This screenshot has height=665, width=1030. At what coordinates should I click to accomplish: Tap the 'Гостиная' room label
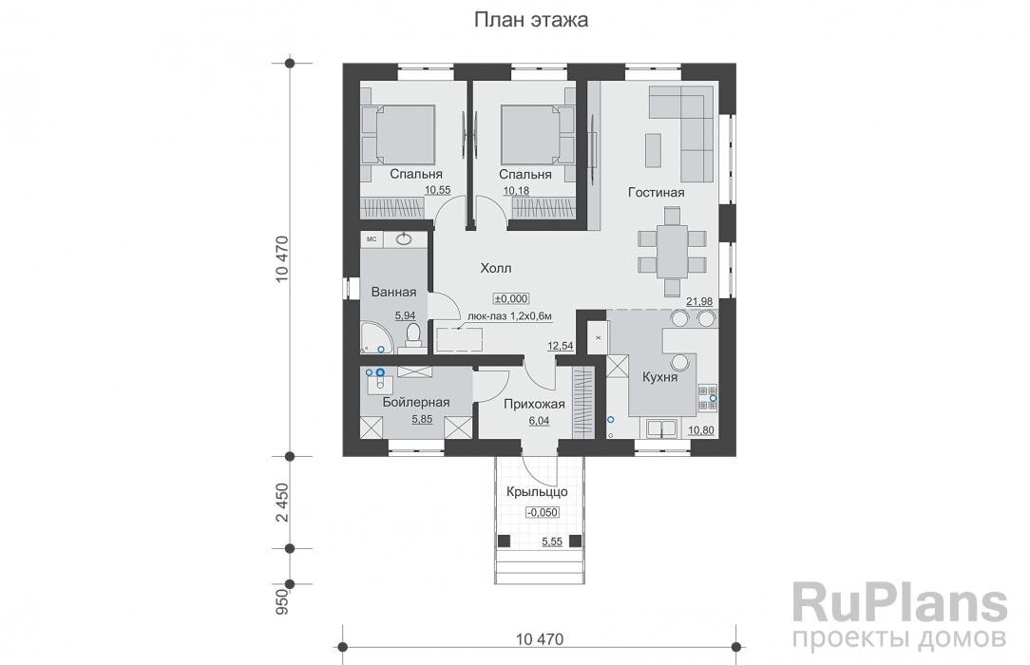(656, 193)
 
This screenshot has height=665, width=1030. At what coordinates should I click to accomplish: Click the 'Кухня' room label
(659, 377)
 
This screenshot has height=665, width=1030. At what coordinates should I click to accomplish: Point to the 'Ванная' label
(394, 293)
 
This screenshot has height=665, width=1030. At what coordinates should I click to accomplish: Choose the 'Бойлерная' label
(415, 403)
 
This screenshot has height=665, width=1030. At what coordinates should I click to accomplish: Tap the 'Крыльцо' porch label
(536, 492)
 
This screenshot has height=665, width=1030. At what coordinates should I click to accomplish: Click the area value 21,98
(699, 302)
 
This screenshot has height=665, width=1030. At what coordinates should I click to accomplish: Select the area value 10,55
(437, 191)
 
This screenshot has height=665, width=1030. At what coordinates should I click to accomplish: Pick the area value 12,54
(560, 347)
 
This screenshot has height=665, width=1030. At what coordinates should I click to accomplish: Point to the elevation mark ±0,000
(511, 297)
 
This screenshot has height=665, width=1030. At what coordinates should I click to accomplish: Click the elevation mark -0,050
(543, 512)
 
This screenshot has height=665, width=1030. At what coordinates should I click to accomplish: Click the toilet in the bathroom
(412, 335)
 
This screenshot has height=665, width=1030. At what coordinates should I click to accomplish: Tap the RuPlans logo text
(899, 602)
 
